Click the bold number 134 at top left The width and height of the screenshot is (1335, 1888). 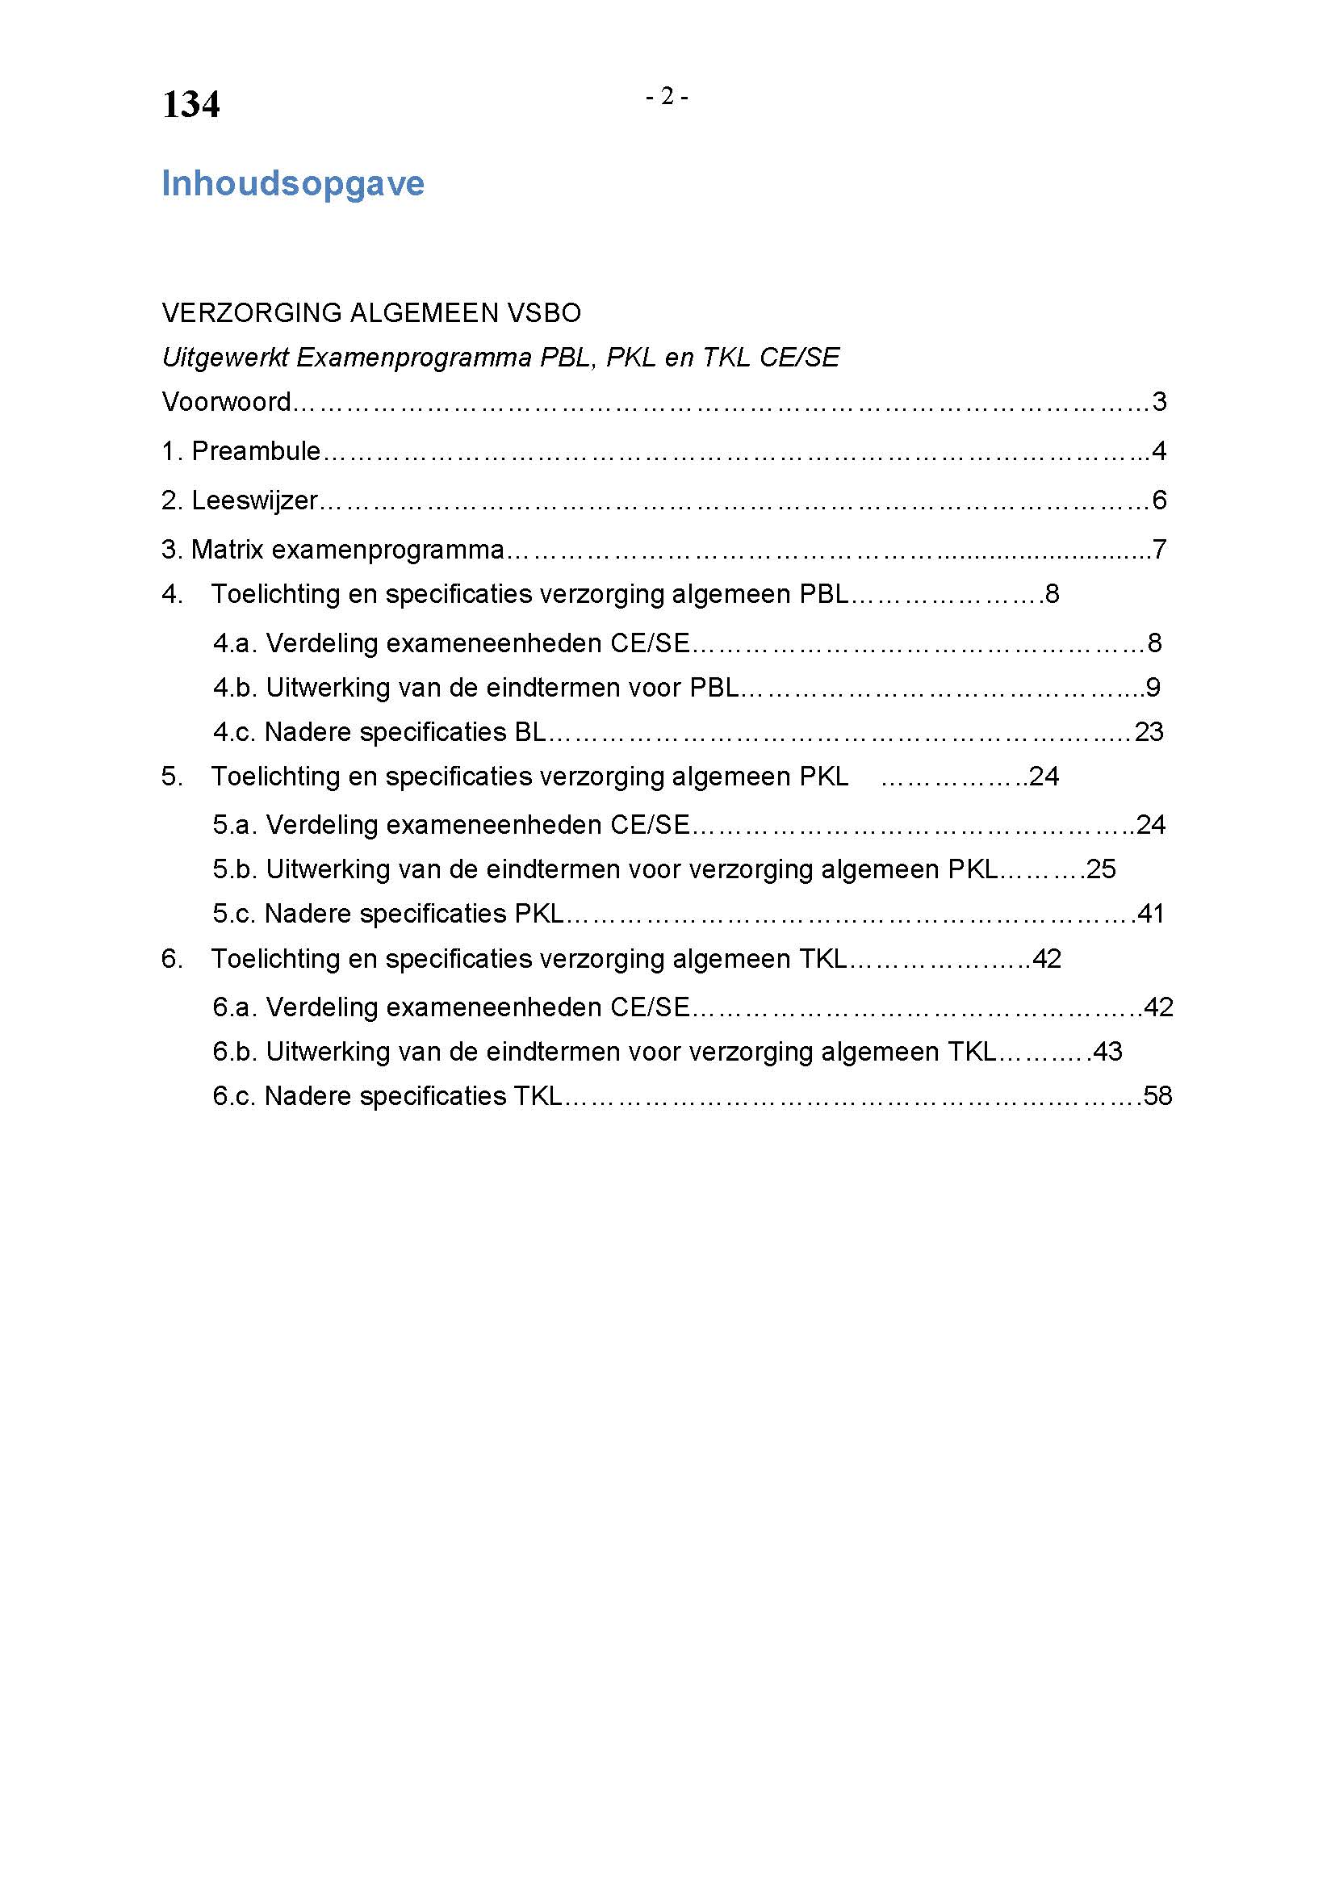(190, 104)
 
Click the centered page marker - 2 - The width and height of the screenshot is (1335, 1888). (667, 97)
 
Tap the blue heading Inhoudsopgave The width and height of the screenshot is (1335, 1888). (293, 183)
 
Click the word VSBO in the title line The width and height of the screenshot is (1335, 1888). (544, 312)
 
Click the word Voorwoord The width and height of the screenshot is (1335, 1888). (226, 401)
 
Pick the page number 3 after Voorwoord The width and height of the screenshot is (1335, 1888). (1159, 401)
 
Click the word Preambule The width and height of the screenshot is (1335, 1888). (256, 450)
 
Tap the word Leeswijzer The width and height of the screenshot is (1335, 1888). (254, 500)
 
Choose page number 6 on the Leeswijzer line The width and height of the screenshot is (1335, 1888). (1159, 500)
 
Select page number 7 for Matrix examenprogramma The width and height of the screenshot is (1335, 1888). (1159, 550)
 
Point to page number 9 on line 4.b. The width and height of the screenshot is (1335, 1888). (1153, 688)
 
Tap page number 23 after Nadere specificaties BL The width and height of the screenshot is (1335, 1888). (1149, 732)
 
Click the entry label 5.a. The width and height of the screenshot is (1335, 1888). (235, 825)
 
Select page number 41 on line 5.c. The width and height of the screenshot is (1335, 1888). (1150, 914)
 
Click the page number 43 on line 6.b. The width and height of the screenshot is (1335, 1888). (1107, 1052)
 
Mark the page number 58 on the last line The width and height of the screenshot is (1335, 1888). (1157, 1096)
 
